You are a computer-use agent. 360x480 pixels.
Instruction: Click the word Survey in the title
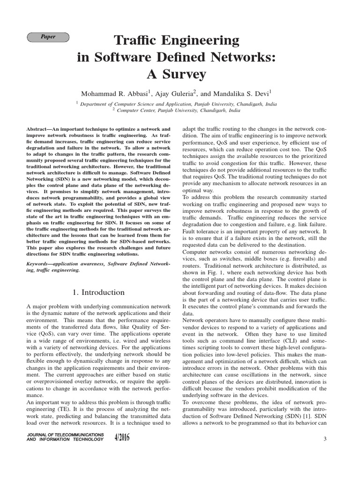coord(184,74)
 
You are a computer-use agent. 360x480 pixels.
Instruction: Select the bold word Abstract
coord(39,128)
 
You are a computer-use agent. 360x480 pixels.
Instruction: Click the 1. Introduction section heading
coord(98,292)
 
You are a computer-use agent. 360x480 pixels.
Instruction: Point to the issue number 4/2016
coord(121,438)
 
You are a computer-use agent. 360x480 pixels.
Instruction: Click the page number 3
coord(324,438)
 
